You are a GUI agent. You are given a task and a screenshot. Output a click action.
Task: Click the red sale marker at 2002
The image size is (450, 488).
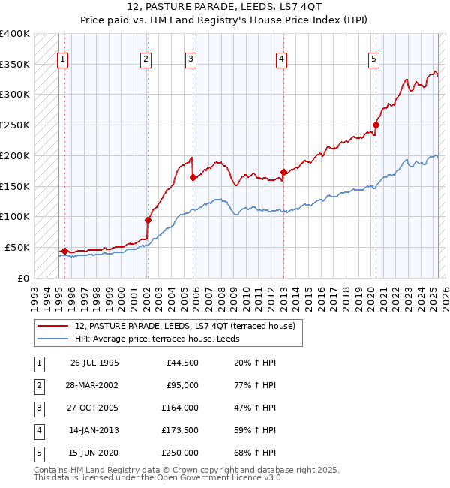148,220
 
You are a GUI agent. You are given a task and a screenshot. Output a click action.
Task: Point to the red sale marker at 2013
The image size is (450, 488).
283,172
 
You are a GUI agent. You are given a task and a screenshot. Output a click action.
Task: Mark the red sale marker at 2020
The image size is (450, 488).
376,125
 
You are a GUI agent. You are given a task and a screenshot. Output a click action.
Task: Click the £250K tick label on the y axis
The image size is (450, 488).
14,125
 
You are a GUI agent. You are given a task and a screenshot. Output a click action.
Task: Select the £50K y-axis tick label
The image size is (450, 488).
17,247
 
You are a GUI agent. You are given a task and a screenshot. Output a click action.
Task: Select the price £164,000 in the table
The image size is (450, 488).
180,408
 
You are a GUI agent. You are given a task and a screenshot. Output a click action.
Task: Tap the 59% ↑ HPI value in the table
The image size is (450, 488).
255,430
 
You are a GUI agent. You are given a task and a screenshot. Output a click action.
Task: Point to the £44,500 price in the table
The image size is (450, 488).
182,363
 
